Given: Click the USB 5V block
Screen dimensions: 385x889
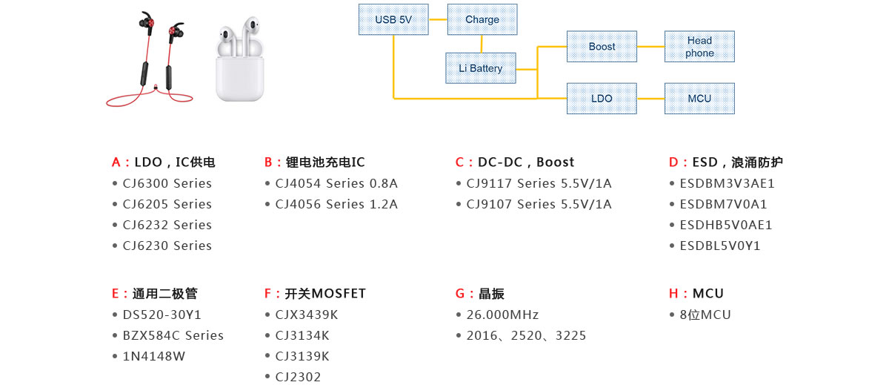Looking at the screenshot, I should pyautogui.click(x=393, y=19).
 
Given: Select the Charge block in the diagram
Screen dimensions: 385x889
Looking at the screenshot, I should pyautogui.click(x=482, y=19).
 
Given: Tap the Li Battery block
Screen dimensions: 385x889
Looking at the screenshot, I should pyautogui.click(x=480, y=68).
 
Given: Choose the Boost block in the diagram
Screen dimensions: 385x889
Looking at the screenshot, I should pyautogui.click(x=602, y=47).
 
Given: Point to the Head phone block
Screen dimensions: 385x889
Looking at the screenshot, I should pyautogui.click(x=699, y=47).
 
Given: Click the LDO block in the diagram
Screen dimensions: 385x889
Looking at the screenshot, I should pyautogui.click(x=602, y=98).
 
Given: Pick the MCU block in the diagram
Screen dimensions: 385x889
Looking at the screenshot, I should pyautogui.click(x=699, y=98).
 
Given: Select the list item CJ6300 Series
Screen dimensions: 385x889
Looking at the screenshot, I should pyautogui.click(x=167, y=183).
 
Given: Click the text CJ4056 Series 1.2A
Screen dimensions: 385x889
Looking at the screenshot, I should pyautogui.click(x=336, y=204).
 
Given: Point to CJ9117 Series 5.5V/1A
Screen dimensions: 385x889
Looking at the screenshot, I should pyautogui.click(x=539, y=183).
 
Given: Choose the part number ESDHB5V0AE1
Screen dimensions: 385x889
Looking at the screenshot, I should pyautogui.click(x=725, y=225).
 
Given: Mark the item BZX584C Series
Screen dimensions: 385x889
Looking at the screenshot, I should pyautogui.click(x=173, y=335).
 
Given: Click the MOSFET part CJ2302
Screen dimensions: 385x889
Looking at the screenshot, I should pyautogui.click(x=298, y=377).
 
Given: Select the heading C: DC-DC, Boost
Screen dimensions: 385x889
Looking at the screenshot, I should pyautogui.click(x=515, y=162).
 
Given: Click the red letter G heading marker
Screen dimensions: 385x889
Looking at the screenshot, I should pyautogui.click(x=459, y=294).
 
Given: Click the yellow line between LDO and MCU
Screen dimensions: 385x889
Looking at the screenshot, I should pyautogui.click(x=650, y=98).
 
